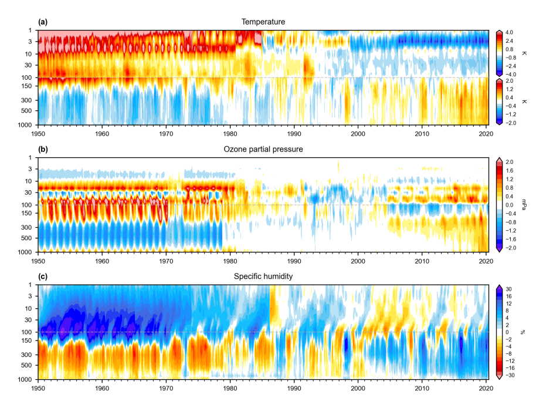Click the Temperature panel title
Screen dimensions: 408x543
click(x=263, y=22)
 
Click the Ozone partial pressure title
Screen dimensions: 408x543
click(x=263, y=149)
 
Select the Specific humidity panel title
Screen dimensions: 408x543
click(x=263, y=277)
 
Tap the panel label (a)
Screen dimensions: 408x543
click(x=43, y=22)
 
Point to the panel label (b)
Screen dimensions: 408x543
click(x=43, y=149)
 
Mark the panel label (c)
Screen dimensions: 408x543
click(x=43, y=277)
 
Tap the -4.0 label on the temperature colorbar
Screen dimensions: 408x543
click(x=510, y=75)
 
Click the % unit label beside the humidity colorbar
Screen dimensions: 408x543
click(x=523, y=332)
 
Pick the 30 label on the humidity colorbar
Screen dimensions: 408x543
click(x=509, y=289)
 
